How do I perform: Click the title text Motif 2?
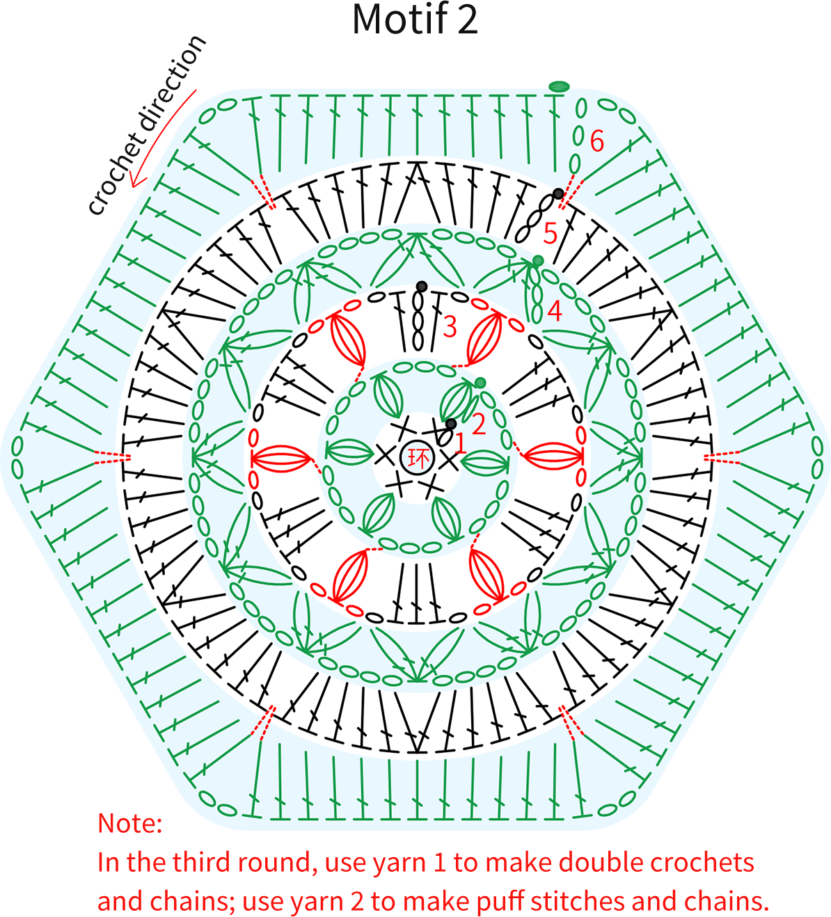(x=415, y=19)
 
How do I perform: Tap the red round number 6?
(x=597, y=141)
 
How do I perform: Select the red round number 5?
(x=551, y=233)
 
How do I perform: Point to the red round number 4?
(x=555, y=311)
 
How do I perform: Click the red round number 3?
(x=450, y=327)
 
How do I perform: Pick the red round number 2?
(x=478, y=424)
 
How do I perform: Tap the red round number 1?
(x=460, y=443)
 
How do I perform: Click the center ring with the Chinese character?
(x=417, y=457)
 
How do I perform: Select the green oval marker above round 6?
(x=559, y=86)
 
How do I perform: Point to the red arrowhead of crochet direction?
(x=134, y=181)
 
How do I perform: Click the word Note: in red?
(x=130, y=823)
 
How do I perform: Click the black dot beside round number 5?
(x=558, y=193)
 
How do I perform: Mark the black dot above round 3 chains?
(x=422, y=287)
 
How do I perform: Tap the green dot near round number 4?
(x=538, y=261)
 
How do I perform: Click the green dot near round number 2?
(x=480, y=383)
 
